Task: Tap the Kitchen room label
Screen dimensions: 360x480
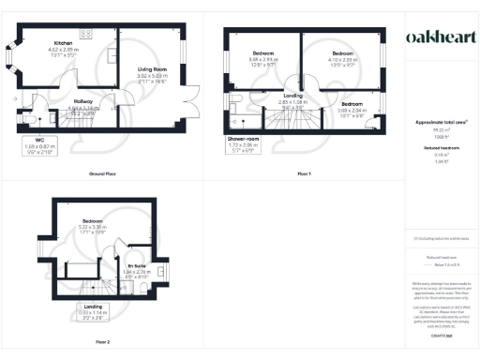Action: point(63,43)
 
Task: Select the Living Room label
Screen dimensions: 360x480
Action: point(153,68)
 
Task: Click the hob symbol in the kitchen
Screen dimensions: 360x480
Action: point(85,34)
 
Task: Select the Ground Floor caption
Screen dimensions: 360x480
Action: point(102,174)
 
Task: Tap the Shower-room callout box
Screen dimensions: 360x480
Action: point(242,147)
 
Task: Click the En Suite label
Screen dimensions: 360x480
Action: point(138,268)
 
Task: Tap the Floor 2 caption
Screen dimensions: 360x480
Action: point(102,341)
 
